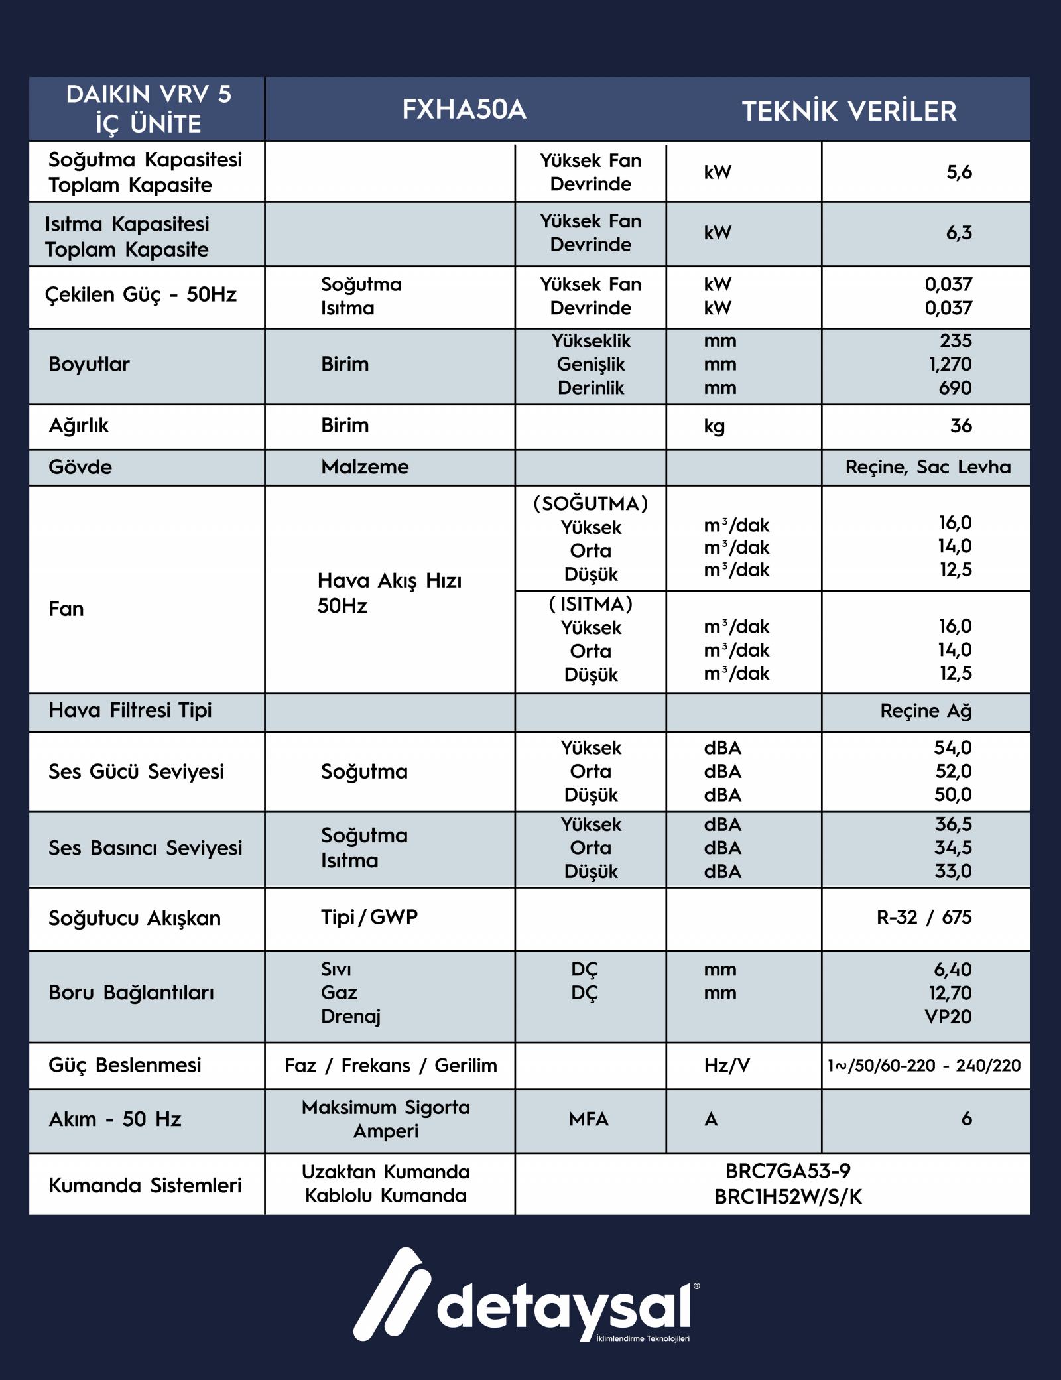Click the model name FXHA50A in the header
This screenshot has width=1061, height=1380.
464,109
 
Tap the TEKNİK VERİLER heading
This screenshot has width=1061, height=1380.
849,111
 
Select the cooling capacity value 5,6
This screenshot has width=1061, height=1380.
959,172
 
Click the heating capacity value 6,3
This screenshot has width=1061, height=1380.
959,233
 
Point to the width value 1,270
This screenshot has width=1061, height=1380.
950,364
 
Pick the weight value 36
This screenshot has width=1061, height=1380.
961,426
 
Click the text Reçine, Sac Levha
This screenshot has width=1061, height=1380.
928,467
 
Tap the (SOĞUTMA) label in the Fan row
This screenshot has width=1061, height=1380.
590,503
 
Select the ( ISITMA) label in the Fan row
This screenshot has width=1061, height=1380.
590,604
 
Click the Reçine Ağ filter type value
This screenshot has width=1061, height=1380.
926,711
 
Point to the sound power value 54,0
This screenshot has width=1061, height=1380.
953,747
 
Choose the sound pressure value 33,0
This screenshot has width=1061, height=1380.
953,871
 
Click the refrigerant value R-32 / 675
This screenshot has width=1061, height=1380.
924,917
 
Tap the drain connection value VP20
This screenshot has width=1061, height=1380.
948,1016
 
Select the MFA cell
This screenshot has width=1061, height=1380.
588,1119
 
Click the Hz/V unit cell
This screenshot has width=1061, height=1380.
727,1065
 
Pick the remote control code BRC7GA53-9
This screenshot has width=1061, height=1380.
788,1171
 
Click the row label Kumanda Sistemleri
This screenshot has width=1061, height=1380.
145,1185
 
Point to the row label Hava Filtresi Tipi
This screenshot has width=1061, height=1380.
130,710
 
